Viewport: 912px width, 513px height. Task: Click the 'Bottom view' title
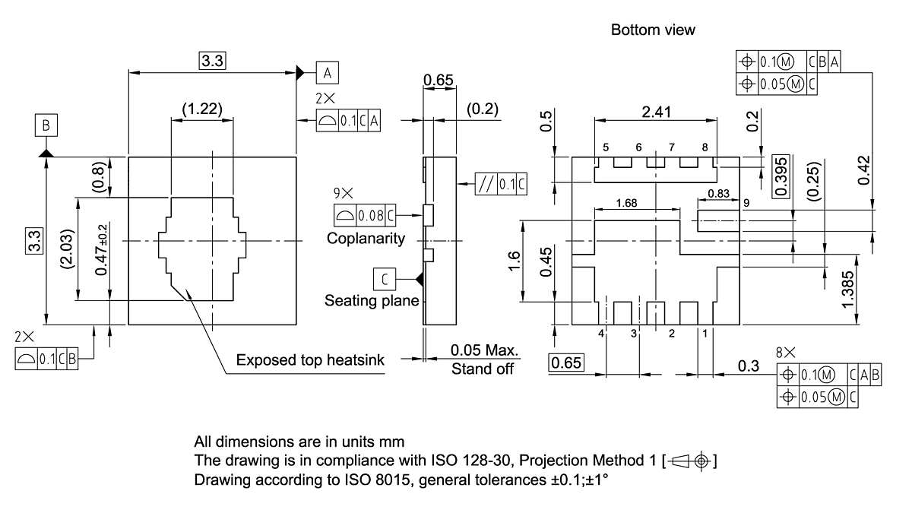point(653,30)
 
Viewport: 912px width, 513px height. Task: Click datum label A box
point(328,72)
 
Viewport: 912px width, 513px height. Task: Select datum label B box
point(46,125)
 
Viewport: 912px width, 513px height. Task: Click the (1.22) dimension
point(202,109)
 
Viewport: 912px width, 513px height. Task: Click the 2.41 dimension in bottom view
point(656,112)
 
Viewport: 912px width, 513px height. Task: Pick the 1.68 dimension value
point(627,203)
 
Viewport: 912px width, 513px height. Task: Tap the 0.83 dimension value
point(718,194)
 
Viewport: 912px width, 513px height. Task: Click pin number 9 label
point(746,203)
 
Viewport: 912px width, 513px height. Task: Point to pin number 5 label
point(606,147)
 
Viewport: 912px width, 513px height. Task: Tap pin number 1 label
point(705,333)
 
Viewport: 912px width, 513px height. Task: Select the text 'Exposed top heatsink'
point(310,359)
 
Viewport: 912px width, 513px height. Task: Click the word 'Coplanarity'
point(366,239)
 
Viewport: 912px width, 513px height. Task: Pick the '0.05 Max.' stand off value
point(483,351)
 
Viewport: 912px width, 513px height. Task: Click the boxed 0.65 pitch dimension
point(566,363)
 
